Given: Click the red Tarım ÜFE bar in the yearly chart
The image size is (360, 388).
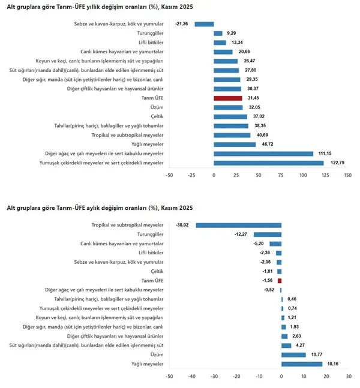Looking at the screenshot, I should [228, 98].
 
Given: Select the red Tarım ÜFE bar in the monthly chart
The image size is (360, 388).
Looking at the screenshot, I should [280, 280].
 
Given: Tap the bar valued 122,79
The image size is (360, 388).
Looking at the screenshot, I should [269, 163].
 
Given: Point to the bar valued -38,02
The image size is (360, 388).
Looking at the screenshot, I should [239, 225].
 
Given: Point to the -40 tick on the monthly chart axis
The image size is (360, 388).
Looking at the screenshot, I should [191, 377].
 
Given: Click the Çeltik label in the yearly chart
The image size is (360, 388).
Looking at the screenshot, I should [157, 116].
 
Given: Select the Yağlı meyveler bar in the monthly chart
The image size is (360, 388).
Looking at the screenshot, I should [302, 363].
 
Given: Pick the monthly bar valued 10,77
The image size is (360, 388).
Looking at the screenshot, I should [293, 354].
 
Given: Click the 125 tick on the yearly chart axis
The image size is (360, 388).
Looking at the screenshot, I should [325, 175].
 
